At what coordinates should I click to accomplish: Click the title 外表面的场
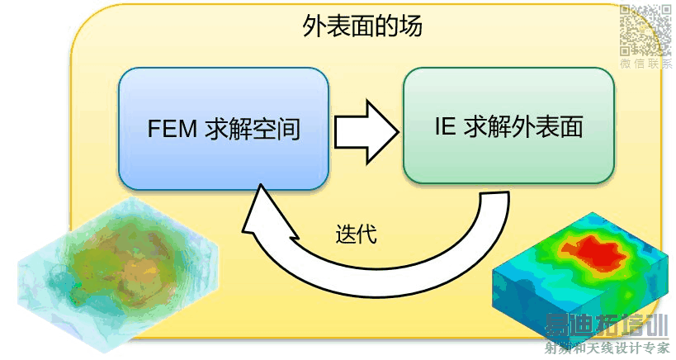pos(363,27)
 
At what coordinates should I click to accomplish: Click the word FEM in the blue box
pos(172,130)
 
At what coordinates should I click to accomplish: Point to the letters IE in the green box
pos(446,128)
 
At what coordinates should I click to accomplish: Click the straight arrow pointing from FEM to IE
pos(363,130)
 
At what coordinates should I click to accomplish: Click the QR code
pos(646,29)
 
